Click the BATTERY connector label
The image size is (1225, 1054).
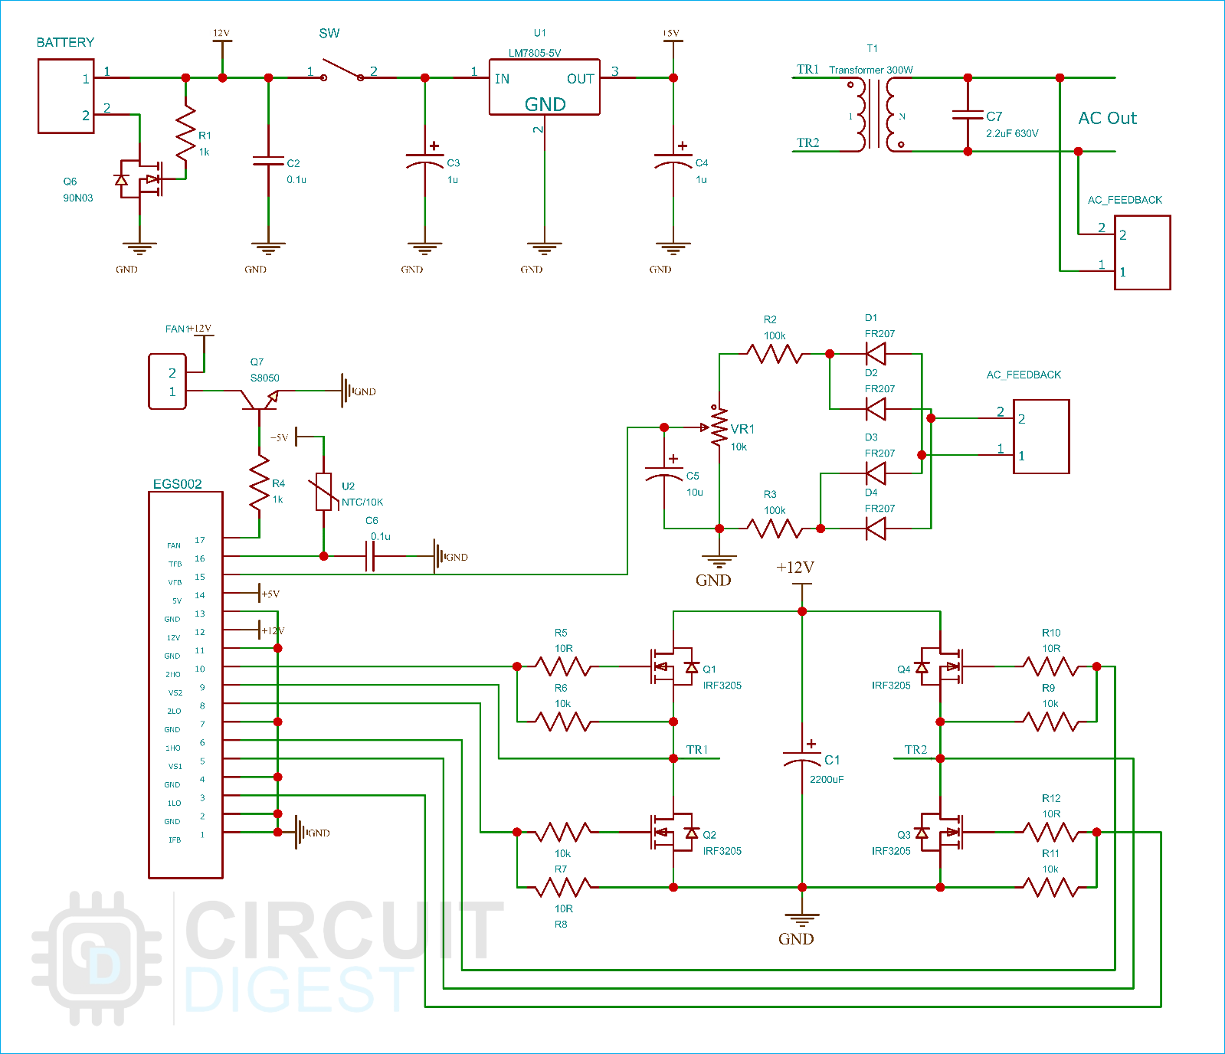click(65, 42)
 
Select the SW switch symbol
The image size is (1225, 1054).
click(342, 70)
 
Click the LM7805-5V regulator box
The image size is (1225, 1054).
click(544, 87)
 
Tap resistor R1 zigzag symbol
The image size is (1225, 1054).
click(185, 133)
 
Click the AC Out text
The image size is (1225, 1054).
click(1107, 118)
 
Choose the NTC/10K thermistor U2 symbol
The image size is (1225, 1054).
click(324, 492)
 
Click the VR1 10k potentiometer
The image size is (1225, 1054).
click(719, 427)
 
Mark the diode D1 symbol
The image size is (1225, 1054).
click(875, 354)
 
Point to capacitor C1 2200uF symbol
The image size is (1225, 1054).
click(802, 758)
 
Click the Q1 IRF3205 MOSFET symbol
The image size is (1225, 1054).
click(673, 666)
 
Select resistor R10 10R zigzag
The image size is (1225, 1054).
click(1050, 666)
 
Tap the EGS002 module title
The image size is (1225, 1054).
click(178, 484)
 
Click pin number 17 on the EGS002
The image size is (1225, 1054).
click(200, 540)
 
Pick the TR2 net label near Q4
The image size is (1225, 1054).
click(915, 749)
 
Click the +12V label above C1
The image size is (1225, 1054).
click(795, 568)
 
